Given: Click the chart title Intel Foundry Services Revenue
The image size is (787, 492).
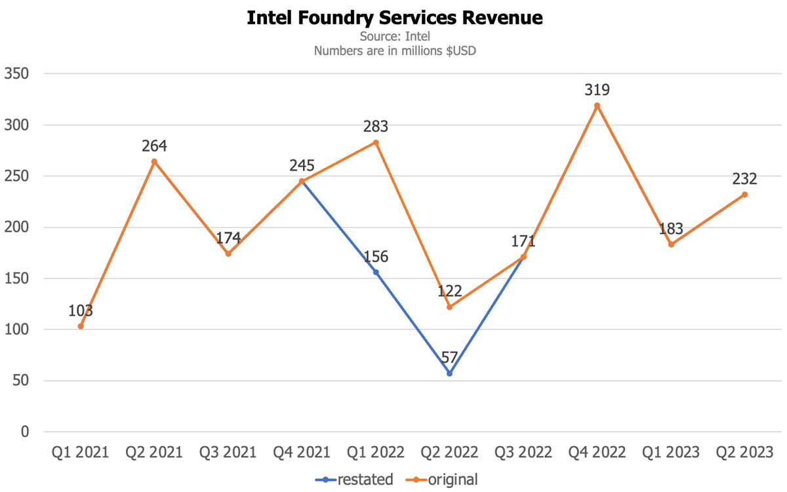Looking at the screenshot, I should pos(394,18).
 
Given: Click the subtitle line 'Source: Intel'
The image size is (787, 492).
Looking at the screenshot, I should pos(394,37).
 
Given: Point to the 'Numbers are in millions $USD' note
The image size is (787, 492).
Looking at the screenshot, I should pos(394,51).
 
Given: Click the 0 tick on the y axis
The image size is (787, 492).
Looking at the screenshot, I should pos(25,432).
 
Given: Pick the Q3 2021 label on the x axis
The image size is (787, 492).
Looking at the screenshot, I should pos(228,453).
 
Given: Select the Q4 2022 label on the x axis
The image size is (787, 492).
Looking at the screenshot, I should pos(597,453).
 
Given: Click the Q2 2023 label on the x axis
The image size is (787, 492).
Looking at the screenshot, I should pos(744,453).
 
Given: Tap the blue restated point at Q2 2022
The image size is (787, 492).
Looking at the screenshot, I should pos(449,373).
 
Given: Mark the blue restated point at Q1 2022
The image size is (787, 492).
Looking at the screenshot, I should pos(376,272).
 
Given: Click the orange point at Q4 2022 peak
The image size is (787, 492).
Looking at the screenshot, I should pos(597,106).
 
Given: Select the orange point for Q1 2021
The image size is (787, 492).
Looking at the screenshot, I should pos(81,326).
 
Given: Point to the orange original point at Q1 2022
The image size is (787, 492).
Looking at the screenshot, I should pos(376,142).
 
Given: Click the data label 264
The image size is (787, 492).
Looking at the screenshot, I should pos(155,146).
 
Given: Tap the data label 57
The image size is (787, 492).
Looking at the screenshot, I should pos(449,358).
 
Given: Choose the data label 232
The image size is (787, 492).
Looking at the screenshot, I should pos(744,178).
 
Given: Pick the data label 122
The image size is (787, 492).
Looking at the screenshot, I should pos(449,291).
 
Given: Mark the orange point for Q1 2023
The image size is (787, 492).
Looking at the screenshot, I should pos(671,245).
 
